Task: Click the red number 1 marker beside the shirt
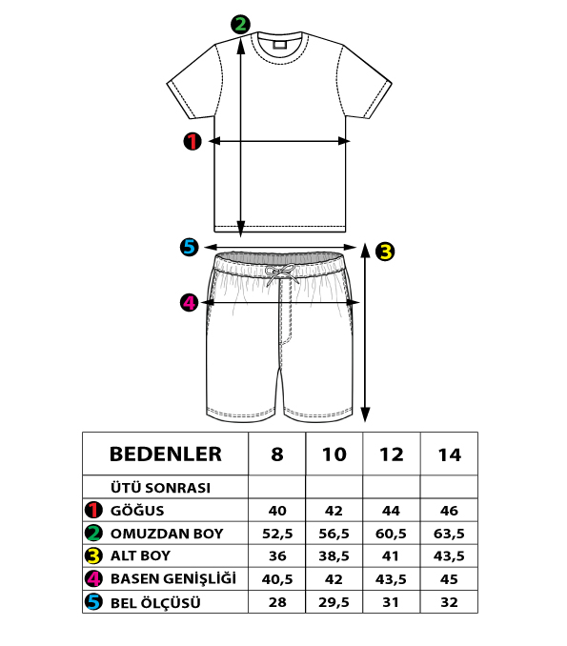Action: tap(192, 141)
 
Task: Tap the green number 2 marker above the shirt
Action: tap(240, 25)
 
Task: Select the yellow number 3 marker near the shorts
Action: tap(385, 252)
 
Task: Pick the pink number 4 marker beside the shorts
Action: tap(189, 302)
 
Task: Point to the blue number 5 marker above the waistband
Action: tap(189, 247)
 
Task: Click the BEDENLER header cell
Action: tap(166, 454)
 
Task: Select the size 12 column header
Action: tap(391, 454)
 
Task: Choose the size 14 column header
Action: tap(449, 454)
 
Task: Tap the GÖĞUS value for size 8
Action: tap(277, 511)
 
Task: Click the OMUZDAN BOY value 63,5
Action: tap(449, 534)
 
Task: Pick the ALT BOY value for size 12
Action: tap(391, 555)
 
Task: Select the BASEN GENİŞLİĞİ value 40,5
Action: tap(277, 579)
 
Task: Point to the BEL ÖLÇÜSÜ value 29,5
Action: tap(334, 602)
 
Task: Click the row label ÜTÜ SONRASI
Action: tap(160, 488)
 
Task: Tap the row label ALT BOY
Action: tap(140, 555)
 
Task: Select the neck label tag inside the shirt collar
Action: tap(279, 44)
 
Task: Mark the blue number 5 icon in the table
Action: tap(93, 601)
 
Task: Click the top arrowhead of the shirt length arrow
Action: tap(241, 46)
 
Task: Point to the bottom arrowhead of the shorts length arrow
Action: tap(365, 414)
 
